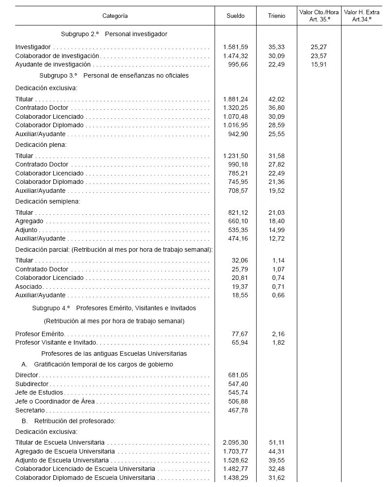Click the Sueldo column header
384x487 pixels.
[x=236, y=16]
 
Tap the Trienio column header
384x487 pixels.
[x=276, y=16]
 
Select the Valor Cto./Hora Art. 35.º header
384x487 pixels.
[x=319, y=16]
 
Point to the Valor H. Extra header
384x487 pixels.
[x=362, y=16]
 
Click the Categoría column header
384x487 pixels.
[x=115, y=16]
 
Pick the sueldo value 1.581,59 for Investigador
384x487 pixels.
[x=236, y=47]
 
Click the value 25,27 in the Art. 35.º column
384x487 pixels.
[x=319, y=47]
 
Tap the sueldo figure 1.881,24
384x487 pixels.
[x=236, y=99]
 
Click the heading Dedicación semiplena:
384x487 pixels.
[x=48, y=201]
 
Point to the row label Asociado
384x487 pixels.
[x=29, y=287]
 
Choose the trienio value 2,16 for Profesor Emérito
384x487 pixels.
[x=278, y=334]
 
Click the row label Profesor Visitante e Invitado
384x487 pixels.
[x=56, y=343]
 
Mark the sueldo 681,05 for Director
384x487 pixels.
[x=238, y=375]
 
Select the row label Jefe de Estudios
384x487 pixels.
[x=39, y=392]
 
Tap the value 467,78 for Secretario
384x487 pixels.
[x=238, y=410]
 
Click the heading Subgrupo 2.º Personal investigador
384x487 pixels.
[x=114, y=34]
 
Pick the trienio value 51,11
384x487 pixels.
[x=276, y=442]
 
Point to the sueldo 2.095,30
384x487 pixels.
[x=236, y=442]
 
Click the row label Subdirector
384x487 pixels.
[x=32, y=384]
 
